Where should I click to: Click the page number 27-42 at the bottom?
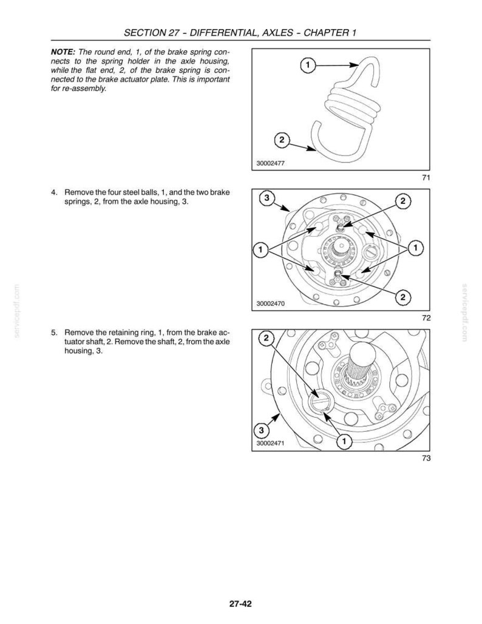click(x=240, y=604)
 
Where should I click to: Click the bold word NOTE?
click(x=63, y=52)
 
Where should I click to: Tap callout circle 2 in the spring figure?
click(x=282, y=140)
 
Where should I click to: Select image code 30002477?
click(x=270, y=163)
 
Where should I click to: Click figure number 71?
click(x=426, y=178)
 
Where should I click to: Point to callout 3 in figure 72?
click(x=267, y=197)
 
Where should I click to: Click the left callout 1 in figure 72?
click(x=260, y=250)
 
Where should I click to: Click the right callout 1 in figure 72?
click(x=416, y=248)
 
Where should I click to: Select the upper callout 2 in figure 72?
click(x=403, y=201)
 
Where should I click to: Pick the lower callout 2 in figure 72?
click(x=403, y=297)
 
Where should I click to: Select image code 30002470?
click(x=270, y=304)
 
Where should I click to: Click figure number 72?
click(x=426, y=318)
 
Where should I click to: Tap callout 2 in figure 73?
click(x=266, y=338)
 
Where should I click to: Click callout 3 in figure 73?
click(x=261, y=430)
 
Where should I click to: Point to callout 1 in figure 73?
click(x=343, y=441)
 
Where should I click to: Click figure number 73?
click(x=426, y=458)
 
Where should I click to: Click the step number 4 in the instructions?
click(x=53, y=192)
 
